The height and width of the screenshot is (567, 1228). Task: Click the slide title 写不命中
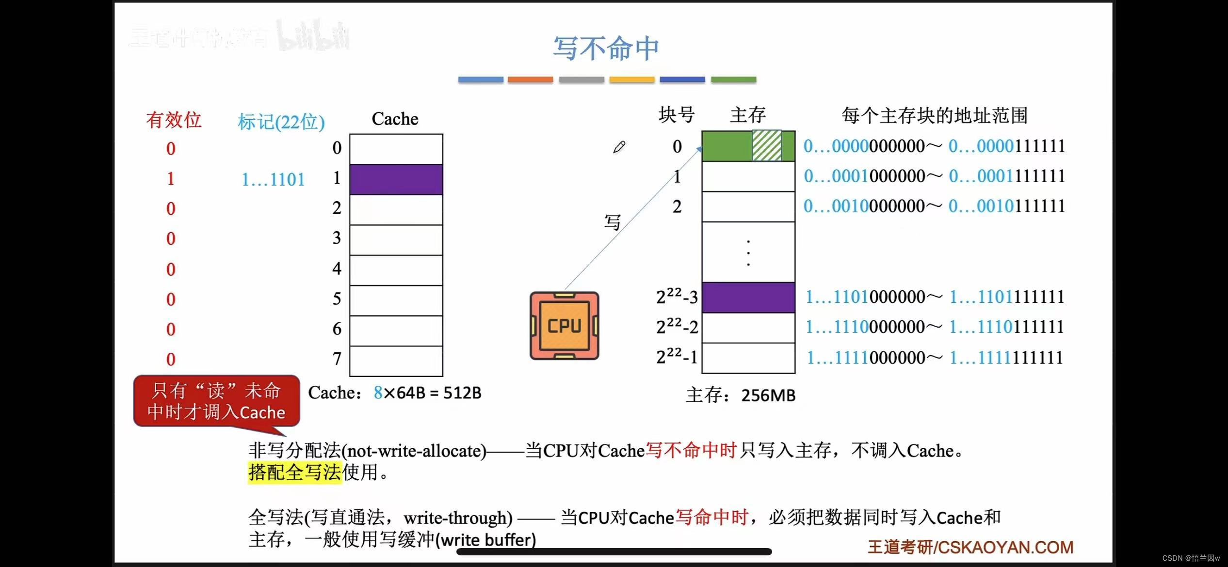click(x=606, y=48)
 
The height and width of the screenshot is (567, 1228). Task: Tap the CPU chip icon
click(x=564, y=326)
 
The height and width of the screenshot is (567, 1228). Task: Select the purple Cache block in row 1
click(x=396, y=179)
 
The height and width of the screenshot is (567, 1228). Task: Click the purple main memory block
click(x=748, y=297)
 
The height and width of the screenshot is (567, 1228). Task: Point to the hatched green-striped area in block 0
click(x=766, y=145)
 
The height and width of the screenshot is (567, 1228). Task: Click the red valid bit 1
click(x=170, y=179)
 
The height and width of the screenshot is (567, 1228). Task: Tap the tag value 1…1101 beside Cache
click(x=273, y=180)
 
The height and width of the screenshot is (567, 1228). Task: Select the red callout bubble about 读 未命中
click(x=216, y=401)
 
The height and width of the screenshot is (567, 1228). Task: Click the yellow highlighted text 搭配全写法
click(x=295, y=472)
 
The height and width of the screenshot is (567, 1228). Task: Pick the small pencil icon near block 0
click(x=619, y=147)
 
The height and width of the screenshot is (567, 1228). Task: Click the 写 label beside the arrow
click(x=612, y=222)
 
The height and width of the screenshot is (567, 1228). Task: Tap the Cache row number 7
click(x=337, y=359)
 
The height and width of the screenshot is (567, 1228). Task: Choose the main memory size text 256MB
click(x=768, y=395)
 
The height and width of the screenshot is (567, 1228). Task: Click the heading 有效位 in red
click(x=174, y=120)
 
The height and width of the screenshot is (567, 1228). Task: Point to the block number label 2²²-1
click(x=677, y=357)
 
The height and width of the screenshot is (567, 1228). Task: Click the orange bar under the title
click(x=530, y=79)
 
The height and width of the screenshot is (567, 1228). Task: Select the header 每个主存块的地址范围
click(x=935, y=116)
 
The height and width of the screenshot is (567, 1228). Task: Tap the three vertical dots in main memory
click(x=748, y=252)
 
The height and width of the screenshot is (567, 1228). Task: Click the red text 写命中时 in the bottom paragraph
click(x=711, y=518)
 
